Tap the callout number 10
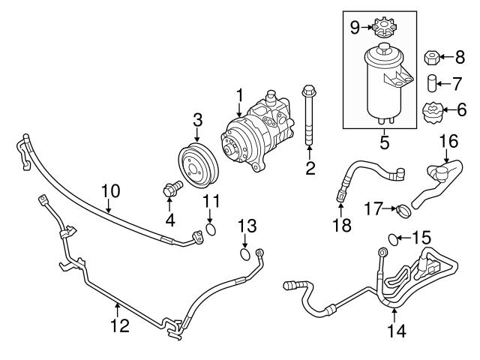110,191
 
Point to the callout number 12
119,325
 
